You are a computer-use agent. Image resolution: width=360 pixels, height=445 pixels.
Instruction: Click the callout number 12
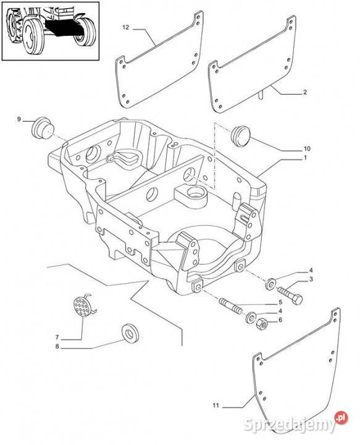125,28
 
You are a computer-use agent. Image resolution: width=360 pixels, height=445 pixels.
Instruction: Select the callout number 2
304,92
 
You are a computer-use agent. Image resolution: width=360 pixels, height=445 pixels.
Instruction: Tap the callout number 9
19,119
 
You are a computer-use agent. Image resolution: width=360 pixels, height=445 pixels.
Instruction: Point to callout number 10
307,148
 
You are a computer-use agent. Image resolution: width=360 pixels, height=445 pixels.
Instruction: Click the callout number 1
305,158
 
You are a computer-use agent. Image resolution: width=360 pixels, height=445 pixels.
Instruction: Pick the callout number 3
311,279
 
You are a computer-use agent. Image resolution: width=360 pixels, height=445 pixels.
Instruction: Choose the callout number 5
280,302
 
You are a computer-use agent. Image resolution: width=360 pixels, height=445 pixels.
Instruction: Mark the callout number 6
280,320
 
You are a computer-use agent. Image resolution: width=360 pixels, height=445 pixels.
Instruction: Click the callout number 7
57,337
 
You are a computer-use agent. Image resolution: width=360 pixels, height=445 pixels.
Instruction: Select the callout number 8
57,347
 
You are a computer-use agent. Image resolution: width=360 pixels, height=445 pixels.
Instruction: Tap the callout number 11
216,405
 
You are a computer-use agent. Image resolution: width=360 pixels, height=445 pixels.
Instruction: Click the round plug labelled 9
43,127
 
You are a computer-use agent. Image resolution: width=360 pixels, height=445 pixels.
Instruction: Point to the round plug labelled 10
242,136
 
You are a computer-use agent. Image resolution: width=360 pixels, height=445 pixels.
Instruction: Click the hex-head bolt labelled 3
288,294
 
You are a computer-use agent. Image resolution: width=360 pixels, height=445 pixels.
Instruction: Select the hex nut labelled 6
261,323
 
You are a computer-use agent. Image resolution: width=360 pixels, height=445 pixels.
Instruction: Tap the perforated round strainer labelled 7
83,306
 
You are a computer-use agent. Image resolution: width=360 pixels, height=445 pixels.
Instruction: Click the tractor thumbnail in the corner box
51,31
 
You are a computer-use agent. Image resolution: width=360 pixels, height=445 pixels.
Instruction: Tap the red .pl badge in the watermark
341,417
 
